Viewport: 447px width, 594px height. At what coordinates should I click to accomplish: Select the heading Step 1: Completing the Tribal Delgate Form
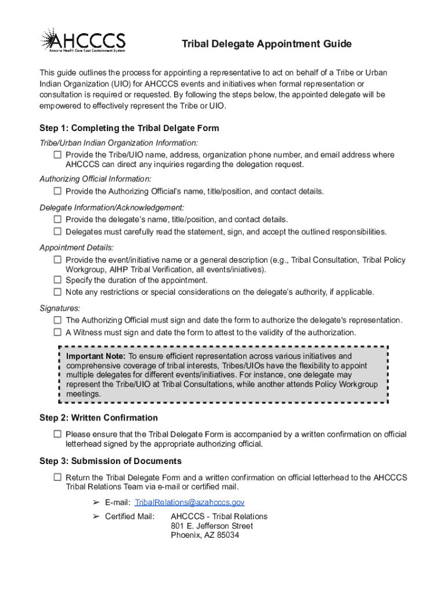coord(129,128)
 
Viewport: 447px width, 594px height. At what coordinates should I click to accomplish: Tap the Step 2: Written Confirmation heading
coord(98,418)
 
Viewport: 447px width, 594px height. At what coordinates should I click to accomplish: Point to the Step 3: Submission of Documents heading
coord(110,461)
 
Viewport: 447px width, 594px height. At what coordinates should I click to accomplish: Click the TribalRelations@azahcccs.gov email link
coord(189,502)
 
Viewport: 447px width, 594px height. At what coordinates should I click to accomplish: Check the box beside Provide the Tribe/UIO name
coord(57,155)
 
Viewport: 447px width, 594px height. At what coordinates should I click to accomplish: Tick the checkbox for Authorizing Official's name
coord(57,191)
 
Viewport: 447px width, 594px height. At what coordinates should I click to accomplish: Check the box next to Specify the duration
coord(57,280)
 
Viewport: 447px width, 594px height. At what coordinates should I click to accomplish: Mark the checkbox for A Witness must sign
coord(57,332)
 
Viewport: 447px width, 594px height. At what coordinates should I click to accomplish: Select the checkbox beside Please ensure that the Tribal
coord(57,434)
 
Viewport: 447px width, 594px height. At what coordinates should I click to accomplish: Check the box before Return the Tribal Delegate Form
coord(57,477)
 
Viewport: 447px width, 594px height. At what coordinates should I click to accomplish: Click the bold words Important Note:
coord(96,356)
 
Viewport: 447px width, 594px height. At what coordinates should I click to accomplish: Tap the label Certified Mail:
coord(129,516)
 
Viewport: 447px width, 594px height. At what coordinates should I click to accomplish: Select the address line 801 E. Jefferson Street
coord(212,526)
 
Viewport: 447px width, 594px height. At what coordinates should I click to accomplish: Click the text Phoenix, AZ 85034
coord(204,535)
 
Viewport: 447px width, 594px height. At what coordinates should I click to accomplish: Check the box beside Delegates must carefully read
coord(57,231)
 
